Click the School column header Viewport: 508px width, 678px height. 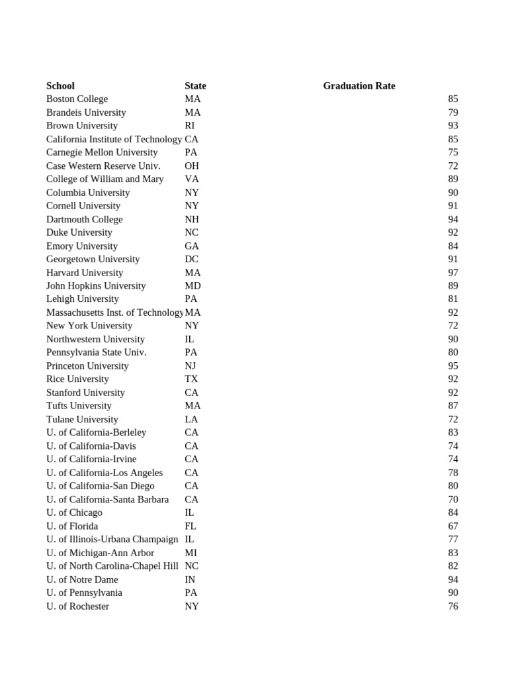coord(60,85)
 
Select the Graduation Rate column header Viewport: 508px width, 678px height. coord(359,85)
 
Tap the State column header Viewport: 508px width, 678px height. coord(195,85)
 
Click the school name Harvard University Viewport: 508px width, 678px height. coord(85,272)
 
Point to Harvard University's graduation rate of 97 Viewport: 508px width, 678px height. coord(452,272)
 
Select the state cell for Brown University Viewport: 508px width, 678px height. coord(190,125)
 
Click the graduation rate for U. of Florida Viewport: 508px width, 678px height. coord(452,526)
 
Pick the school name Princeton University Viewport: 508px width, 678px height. coord(87,365)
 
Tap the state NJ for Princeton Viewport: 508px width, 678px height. coord(190,365)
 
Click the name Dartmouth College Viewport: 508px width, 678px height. coord(84,219)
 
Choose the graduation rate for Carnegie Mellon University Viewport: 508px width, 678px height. coord(452,152)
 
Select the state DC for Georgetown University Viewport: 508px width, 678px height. coord(191,259)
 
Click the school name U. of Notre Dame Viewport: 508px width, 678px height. coord(82,579)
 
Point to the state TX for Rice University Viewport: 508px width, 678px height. coord(191,379)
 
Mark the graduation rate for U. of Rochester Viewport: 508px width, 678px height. coord(452,606)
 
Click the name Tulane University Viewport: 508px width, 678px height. coord(82,419)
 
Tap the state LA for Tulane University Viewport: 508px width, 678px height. coord(191,419)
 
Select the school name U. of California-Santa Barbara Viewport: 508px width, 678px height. coord(107,499)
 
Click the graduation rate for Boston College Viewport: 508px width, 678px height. coord(452,99)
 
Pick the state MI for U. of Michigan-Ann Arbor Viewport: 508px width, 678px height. coord(190,552)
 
